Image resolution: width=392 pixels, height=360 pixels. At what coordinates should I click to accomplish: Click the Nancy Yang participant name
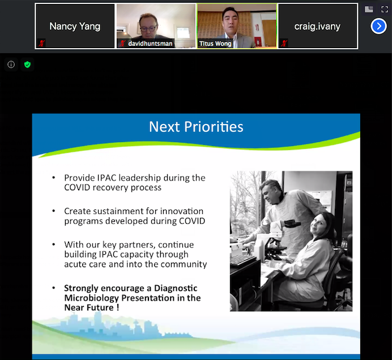tap(75, 27)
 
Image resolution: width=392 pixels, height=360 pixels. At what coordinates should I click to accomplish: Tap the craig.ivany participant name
tap(317, 27)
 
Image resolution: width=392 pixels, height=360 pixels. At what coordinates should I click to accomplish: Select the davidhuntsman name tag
tap(150, 44)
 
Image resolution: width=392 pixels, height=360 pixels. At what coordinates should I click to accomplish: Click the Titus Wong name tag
tap(215, 44)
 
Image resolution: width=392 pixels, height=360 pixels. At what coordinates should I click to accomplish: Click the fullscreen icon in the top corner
tap(384, 10)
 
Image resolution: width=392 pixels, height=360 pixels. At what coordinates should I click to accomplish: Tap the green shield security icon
tap(27, 65)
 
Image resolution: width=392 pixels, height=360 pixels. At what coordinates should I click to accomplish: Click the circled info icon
tap(11, 65)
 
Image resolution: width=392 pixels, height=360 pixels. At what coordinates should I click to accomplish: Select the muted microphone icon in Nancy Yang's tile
tap(41, 44)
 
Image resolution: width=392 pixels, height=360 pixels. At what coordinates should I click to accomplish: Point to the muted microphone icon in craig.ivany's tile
tap(284, 44)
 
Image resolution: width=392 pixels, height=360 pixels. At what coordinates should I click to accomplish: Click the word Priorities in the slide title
tap(214, 127)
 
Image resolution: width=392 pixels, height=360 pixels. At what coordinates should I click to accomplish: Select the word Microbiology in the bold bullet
tap(92, 298)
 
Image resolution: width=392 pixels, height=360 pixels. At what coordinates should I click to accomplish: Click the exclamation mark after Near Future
tap(117, 307)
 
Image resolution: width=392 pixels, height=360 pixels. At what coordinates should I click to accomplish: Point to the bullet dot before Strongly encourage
tap(53, 288)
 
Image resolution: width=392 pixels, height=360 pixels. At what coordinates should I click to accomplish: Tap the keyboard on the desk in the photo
tap(242, 260)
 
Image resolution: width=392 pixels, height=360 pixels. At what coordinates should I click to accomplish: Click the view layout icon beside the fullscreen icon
tap(369, 10)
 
